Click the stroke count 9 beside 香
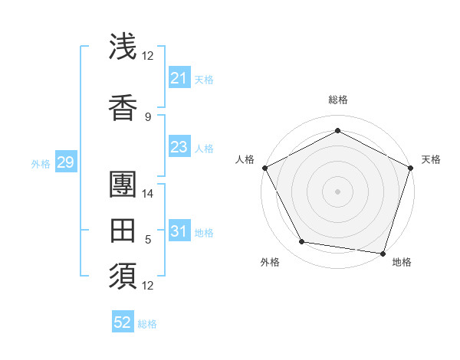(x=148, y=116)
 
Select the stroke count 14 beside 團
(x=148, y=193)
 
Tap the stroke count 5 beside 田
(x=148, y=240)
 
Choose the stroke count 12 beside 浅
(x=148, y=55)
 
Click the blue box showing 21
(x=179, y=78)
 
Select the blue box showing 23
(x=179, y=147)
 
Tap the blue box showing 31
(x=179, y=231)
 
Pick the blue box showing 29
(x=65, y=162)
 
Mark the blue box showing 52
(x=123, y=322)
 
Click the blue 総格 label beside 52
(x=147, y=324)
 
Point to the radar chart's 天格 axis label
(x=431, y=159)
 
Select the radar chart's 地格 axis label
(x=402, y=262)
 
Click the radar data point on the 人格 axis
(x=264, y=168)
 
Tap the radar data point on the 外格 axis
(x=302, y=242)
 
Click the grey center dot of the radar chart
(x=337, y=191)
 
